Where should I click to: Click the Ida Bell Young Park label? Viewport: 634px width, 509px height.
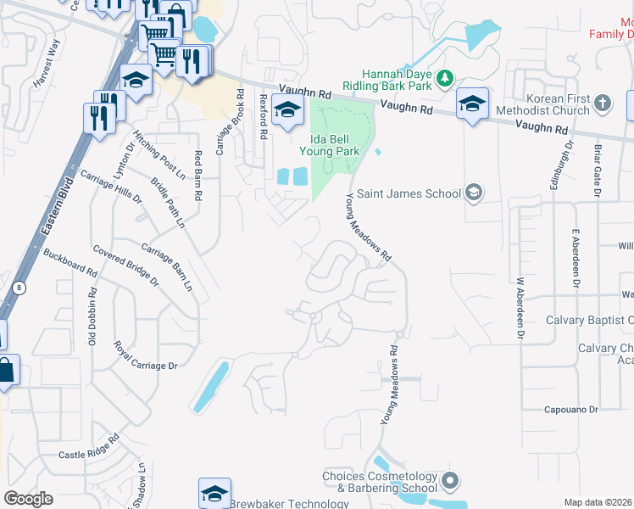330,144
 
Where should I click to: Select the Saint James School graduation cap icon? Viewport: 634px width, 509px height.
475,193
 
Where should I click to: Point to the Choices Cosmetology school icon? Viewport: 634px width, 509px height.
449,482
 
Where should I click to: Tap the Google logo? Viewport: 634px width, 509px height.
29,499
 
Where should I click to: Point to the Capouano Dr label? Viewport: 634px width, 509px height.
571,409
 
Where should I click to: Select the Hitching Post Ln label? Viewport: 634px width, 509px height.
158,155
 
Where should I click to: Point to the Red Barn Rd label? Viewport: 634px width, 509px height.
198,176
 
